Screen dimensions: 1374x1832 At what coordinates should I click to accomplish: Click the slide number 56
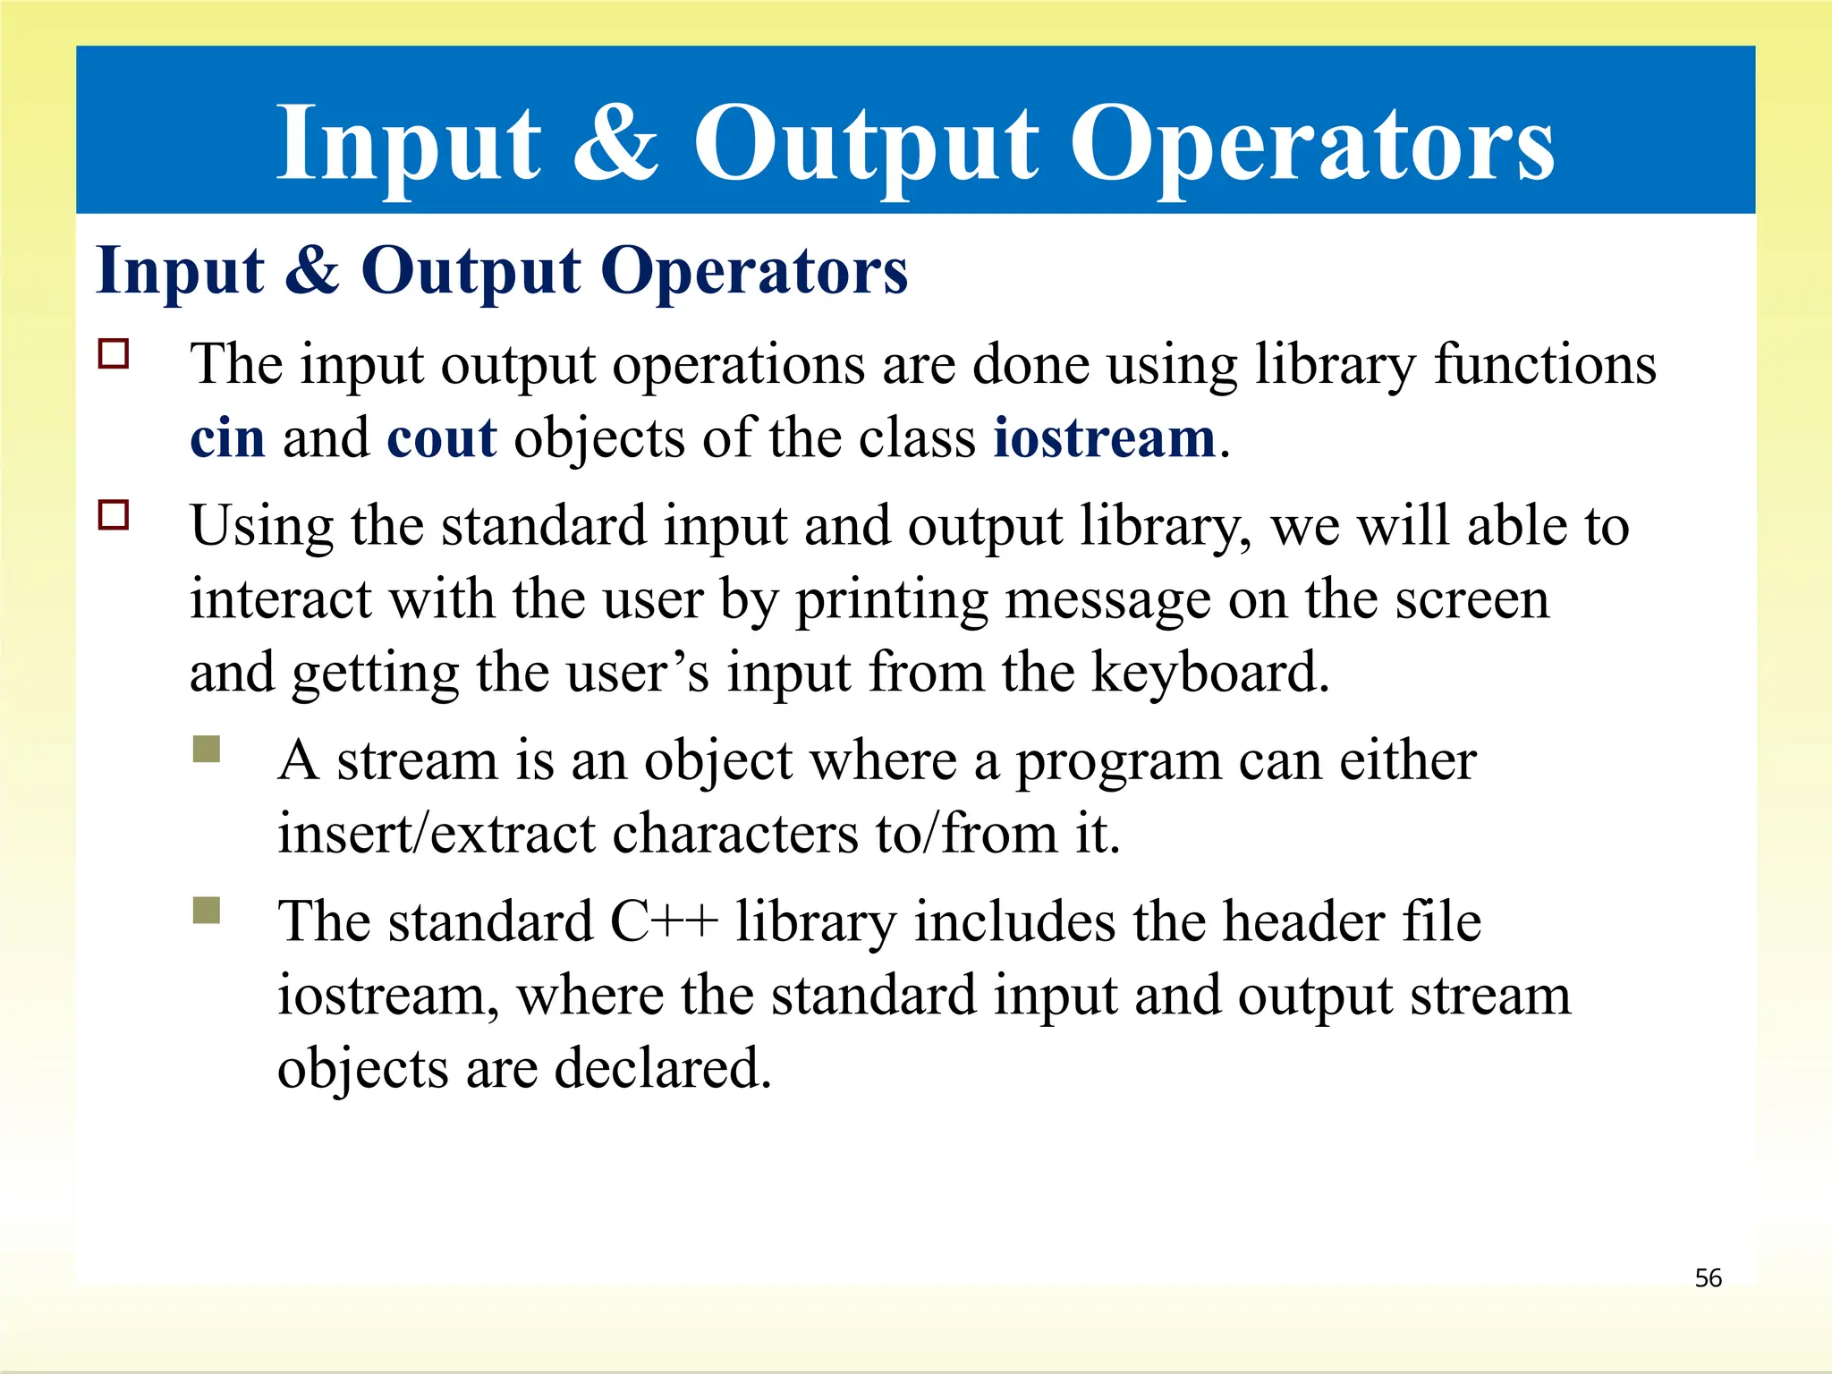pos(1708,1277)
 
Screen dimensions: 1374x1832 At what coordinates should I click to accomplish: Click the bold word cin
pos(227,438)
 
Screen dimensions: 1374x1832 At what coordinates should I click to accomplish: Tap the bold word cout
pos(441,438)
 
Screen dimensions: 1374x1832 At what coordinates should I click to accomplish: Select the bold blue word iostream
pos(1105,438)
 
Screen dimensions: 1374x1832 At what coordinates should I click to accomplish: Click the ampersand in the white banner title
pos(615,143)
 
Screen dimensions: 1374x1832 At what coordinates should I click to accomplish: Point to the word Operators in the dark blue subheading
pos(754,271)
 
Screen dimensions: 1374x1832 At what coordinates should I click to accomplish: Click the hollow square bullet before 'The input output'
pos(114,354)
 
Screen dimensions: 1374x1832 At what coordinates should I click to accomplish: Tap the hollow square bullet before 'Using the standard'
pos(114,515)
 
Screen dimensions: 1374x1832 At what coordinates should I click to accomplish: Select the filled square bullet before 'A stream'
pos(207,749)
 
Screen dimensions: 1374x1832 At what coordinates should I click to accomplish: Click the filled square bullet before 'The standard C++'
pos(207,911)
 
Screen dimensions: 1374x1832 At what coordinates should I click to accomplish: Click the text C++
pos(664,921)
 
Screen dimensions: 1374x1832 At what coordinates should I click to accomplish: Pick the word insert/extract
pos(436,834)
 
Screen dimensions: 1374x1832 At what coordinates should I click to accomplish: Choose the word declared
pos(662,1068)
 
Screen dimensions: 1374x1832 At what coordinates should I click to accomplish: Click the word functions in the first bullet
pos(1545,365)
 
